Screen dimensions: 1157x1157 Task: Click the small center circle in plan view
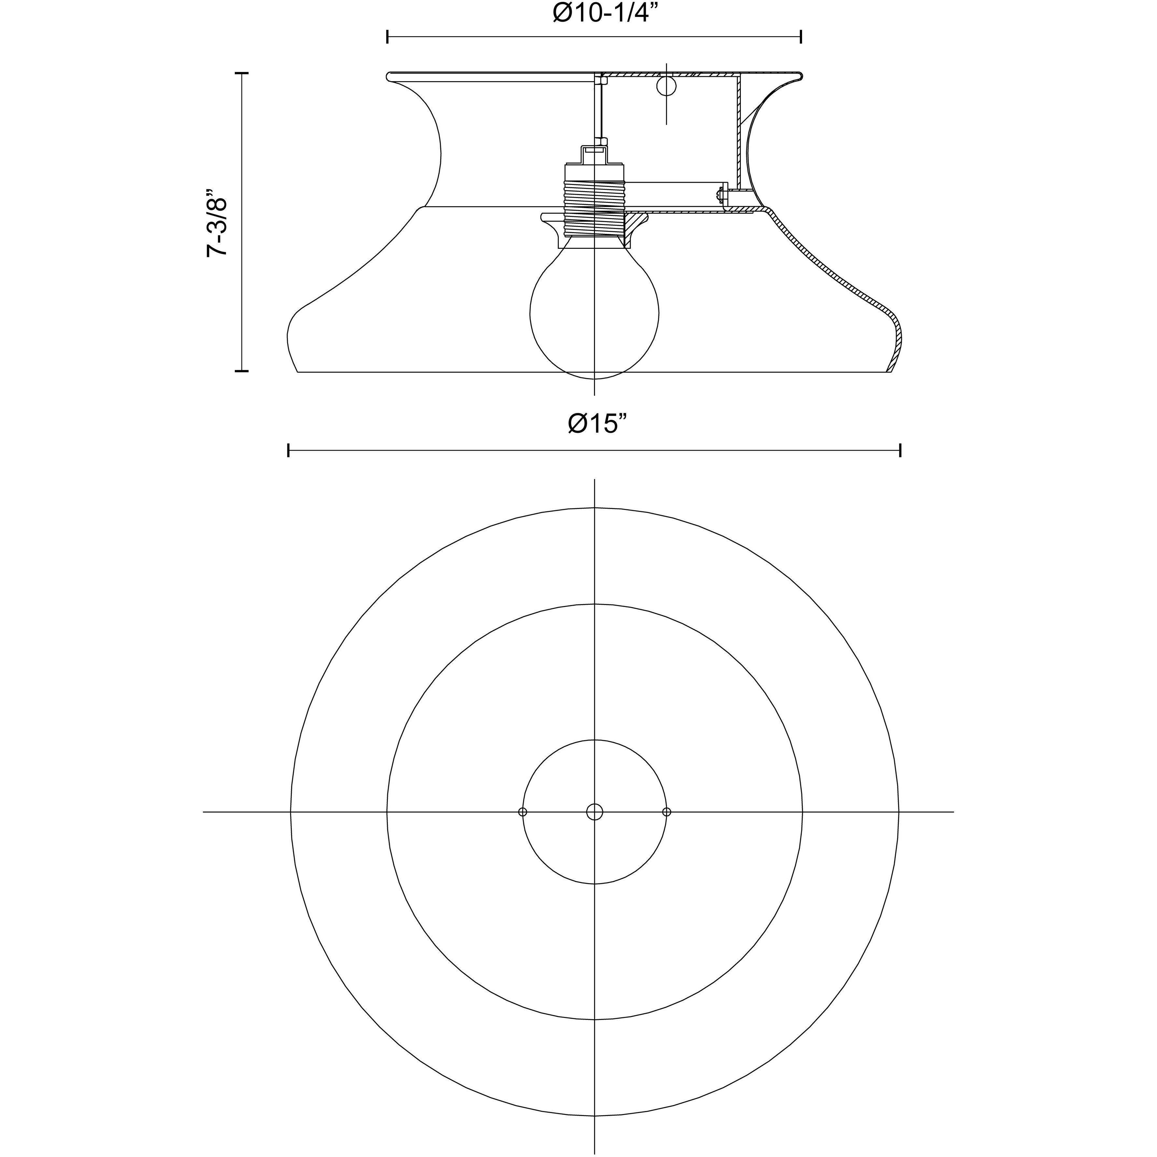click(595, 812)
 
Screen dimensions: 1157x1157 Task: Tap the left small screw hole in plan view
click(523, 812)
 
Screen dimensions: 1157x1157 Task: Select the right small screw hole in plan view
click(667, 812)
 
